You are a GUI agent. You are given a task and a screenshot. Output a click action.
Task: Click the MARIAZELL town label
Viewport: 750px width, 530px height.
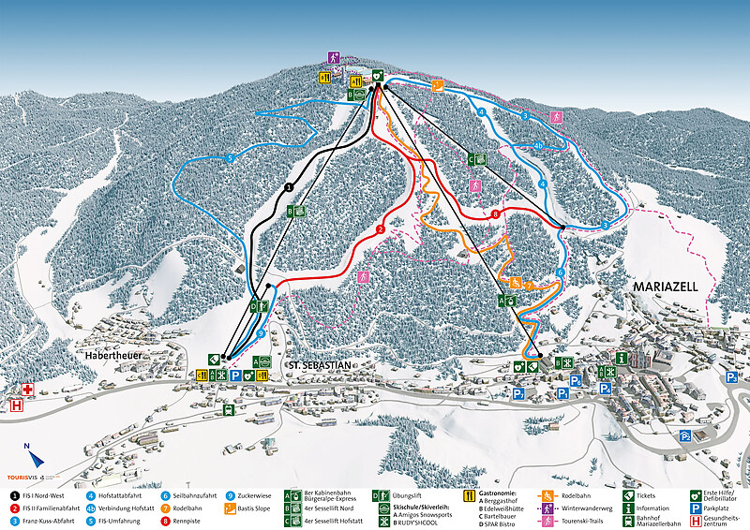click(x=666, y=287)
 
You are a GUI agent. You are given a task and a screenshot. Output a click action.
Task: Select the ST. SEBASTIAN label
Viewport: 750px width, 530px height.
click(x=321, y=363)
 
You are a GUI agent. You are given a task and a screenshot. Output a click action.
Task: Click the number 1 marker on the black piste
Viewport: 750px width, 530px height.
click(x=289, y=188)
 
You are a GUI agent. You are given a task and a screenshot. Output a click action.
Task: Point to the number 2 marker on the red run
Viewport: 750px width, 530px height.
click(x=382, y=229)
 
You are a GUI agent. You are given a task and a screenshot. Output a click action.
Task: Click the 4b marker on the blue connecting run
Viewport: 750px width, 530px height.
click(x=538, y=145)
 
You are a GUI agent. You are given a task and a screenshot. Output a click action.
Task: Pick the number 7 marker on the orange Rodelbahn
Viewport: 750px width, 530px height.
click(x=529, y=285)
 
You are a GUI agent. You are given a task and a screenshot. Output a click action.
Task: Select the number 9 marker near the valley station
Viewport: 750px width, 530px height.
click(x=261, y=332)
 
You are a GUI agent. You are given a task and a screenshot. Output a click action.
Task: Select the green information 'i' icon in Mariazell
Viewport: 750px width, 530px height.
click(x=622, y=359)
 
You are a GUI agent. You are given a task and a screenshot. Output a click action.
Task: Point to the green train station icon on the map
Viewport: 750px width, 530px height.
click(x=228, y=409)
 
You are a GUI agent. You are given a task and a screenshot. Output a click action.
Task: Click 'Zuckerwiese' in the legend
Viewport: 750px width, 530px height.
click(x=259, y=493)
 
